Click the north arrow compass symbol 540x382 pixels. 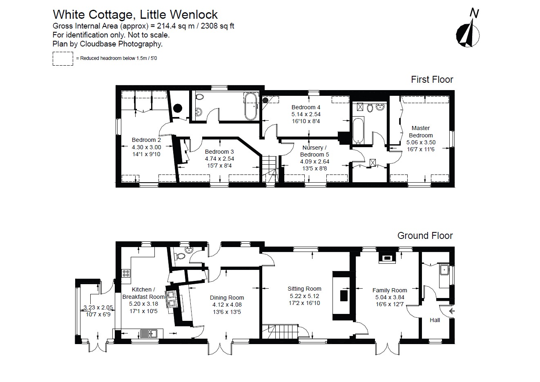(x=468, y=32)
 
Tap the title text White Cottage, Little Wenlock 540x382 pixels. (x=135, y=15)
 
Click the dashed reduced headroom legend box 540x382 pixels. (x=62, y=59)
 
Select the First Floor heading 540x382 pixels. (x=432, y=79)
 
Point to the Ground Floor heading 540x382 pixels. (x=425, y=236)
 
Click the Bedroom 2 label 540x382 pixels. (x=146, y=140)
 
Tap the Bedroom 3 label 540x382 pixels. (x=219, y=152)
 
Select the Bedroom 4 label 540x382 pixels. (x=306, y=107)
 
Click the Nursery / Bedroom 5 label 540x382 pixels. (x=315, y=151)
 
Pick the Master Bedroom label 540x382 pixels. (x=421, y=132)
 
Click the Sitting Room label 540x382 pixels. (x=304, y=289)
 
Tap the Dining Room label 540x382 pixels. (x=227, y=298)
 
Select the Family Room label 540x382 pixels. (x=390, y=290)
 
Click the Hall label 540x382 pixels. (x=435, y=320)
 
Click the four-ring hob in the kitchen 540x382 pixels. (x=126, y=273)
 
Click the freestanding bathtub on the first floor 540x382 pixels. (x=250, y=106)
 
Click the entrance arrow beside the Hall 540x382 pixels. (x=451, y=311)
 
